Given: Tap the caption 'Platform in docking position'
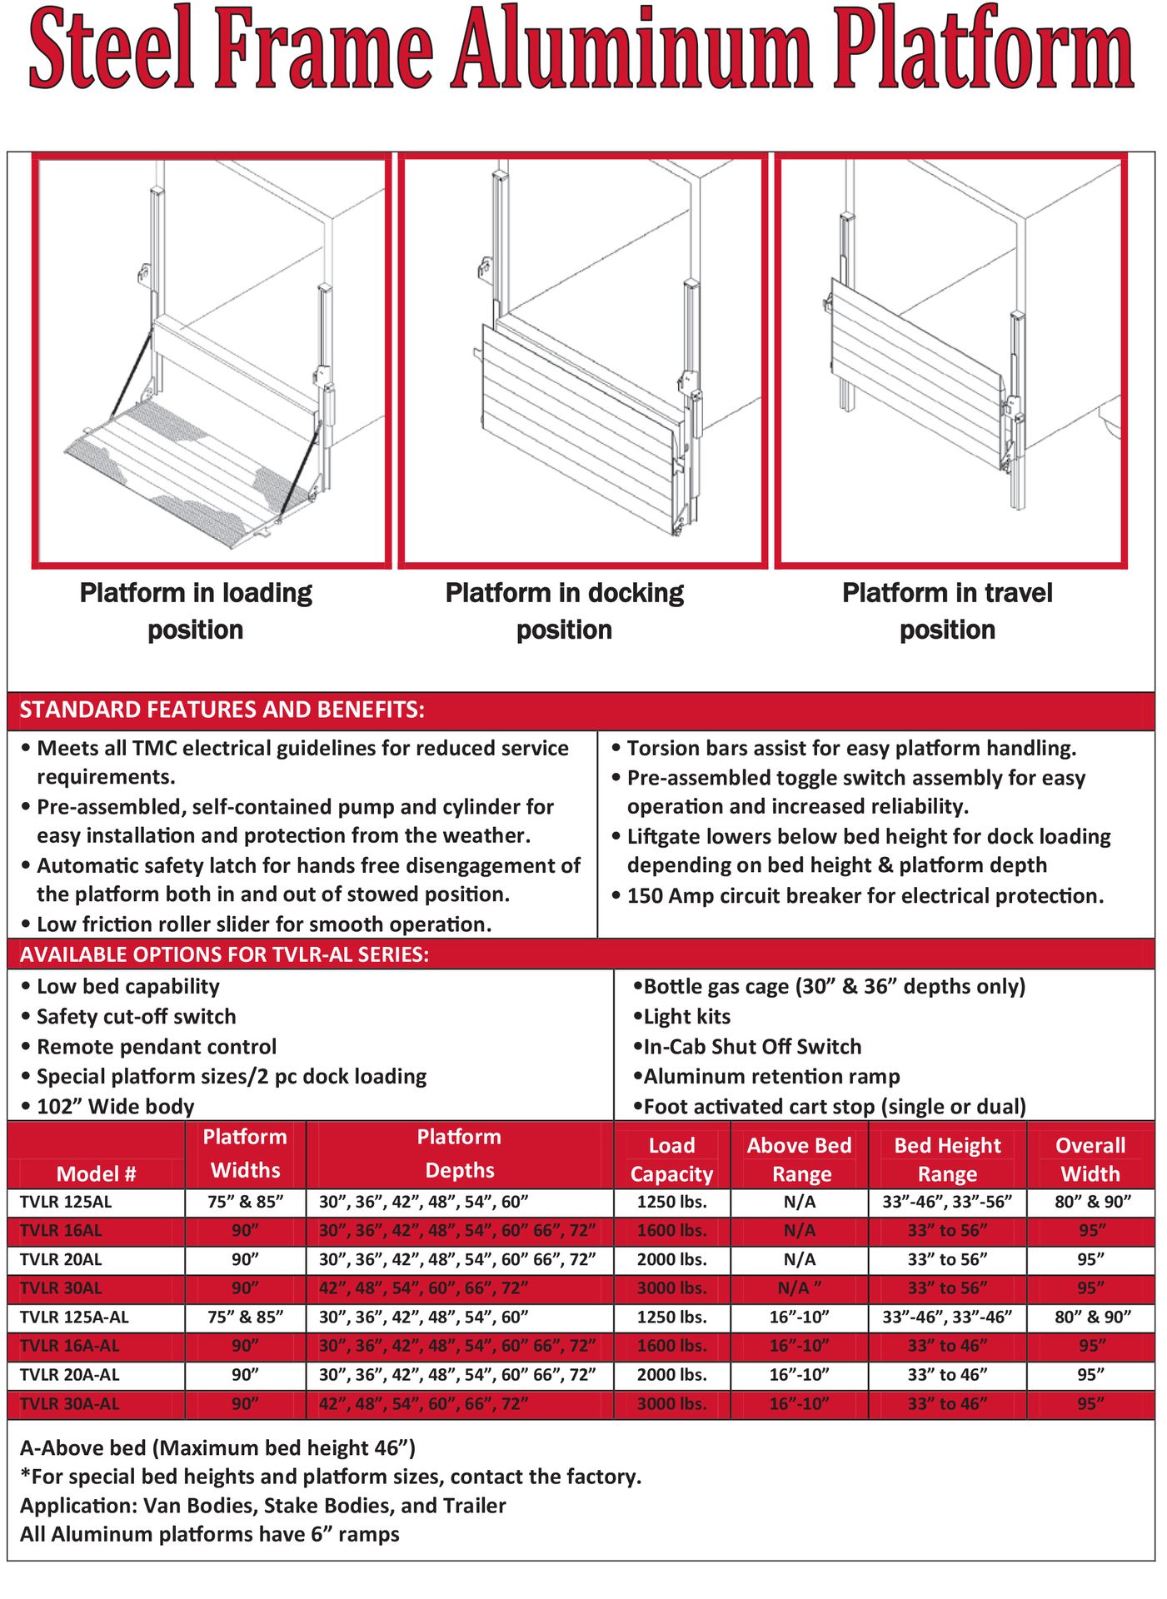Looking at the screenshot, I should click(x=564, y=610).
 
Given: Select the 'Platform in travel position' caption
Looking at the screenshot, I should click(x=947, y=610).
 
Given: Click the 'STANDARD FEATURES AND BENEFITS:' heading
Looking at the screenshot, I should click(x=222, y=710).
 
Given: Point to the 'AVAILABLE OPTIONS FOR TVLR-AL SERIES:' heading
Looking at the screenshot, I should click(x=224, y=954).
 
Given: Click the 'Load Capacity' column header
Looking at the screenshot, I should click(x=671, y=1159).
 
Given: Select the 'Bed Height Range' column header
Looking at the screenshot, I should click(x=947, y=1159).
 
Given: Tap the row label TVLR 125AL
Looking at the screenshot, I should click(x=66, y=1202).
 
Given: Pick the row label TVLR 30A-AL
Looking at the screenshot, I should click(x=69, y=1403).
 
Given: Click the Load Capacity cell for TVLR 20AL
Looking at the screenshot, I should click(x=671, y=1259).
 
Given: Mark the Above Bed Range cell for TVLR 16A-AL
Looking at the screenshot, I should click(x=799, y=1346).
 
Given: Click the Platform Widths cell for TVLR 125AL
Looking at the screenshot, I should click(x=245, y=1202).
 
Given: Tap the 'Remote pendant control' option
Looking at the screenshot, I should click(x=157, y=1047).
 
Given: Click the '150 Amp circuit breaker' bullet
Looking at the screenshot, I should click(x=865, y=896).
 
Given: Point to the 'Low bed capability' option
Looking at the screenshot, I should click(x=128, y=987).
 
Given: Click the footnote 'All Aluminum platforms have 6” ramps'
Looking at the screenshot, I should click(x=209, y=1534).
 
